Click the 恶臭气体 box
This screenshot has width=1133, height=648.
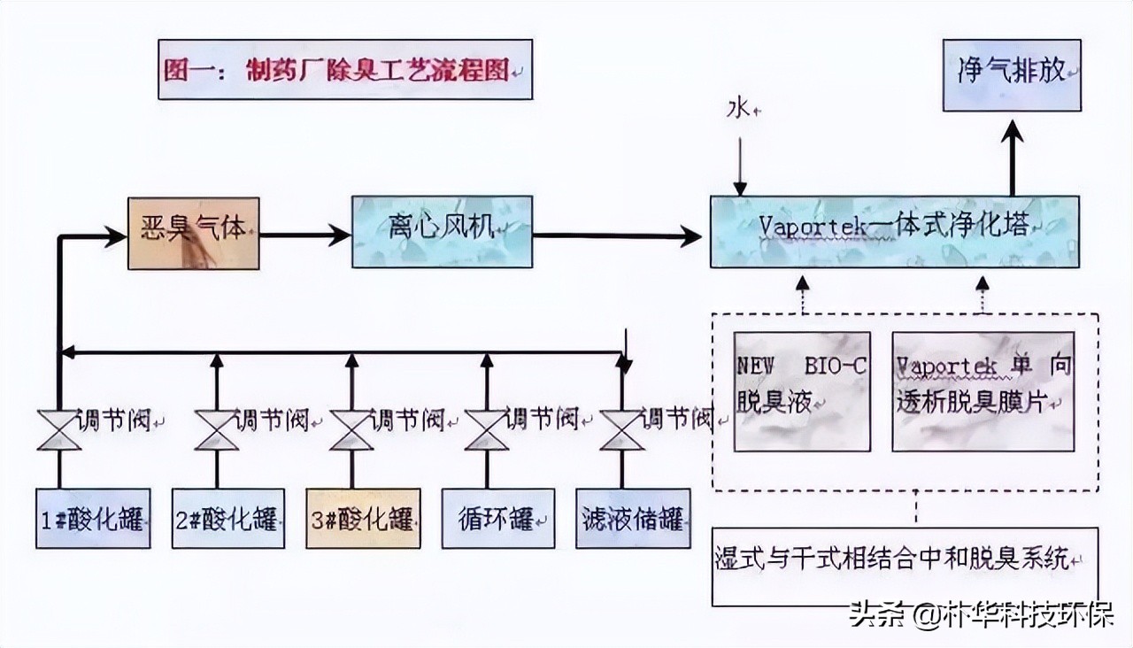coord(194,234)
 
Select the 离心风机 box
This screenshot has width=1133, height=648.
coord(443,232)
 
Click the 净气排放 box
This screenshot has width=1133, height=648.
coord(1012,74)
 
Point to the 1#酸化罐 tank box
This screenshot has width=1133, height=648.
coord(92,518)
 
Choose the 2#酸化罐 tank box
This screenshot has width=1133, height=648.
coord(228,518)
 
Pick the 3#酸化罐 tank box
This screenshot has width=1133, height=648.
coord(363,518)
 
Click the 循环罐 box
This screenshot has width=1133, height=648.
coord(497,518)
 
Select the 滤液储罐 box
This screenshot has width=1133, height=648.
coord(633,518)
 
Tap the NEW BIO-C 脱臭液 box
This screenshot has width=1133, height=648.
coord(802,391)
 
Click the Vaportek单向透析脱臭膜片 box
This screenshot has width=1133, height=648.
coord(983,391)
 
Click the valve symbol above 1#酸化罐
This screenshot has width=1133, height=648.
coord(59,430)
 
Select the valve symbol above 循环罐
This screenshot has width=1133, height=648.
coord(487,430)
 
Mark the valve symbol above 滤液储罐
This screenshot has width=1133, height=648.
coord(621,430)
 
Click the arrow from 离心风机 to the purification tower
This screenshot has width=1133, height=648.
coord(620,235)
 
